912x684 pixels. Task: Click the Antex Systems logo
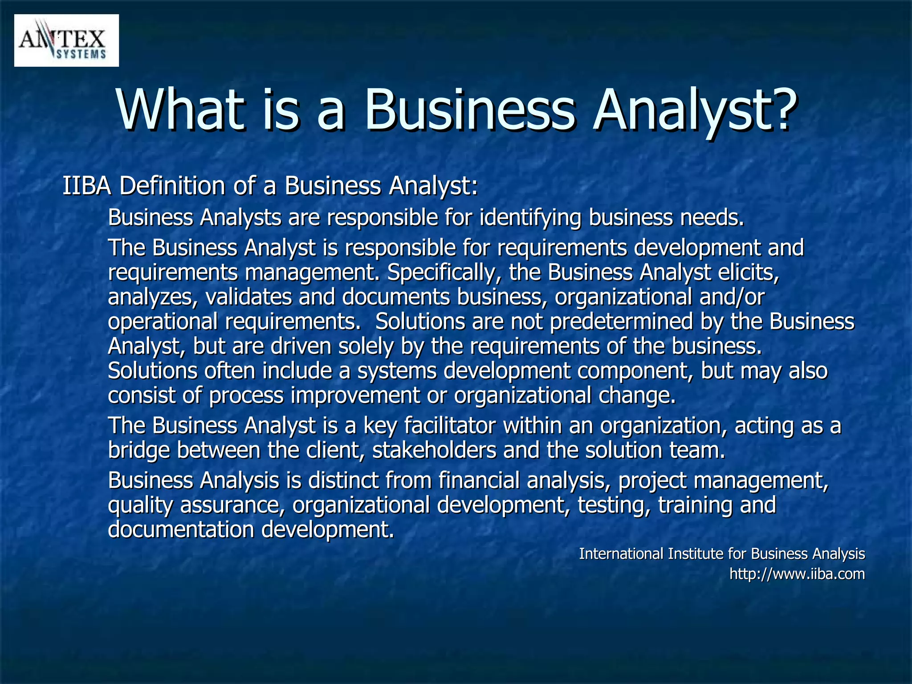[x=66, y=41]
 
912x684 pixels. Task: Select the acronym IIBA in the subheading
[x=86, y=186]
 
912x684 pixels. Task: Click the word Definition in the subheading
[x=172, y=186]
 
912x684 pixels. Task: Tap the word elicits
[x=748, y=272]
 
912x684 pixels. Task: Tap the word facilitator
[x=450, y=426]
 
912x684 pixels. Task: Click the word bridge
[x=139, y=450]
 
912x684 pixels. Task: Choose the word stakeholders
[x=434, y=450]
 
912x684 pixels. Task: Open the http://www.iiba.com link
[x=797, y=574]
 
